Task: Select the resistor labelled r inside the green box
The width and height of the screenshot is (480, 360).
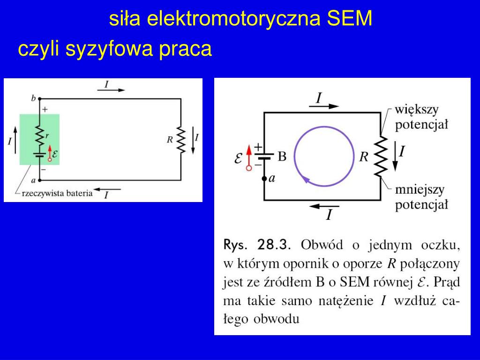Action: pyautogui.click(x=40, y=136)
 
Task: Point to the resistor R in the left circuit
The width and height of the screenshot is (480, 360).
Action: pyautogui.click(x=180, y=139)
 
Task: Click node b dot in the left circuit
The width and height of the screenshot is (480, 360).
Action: pyautogui.click(x=40, y=99)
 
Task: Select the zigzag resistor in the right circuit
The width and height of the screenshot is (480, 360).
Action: pyautogui.click(x=381, y=156)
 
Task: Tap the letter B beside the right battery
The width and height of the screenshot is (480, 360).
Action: pyautogui.click(x=282, y=157)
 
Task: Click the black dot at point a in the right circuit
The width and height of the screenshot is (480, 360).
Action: pyautogui.click(x=264, y=179)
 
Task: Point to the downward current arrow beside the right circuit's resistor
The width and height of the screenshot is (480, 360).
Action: pyautogui.click(x=395, y=158)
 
